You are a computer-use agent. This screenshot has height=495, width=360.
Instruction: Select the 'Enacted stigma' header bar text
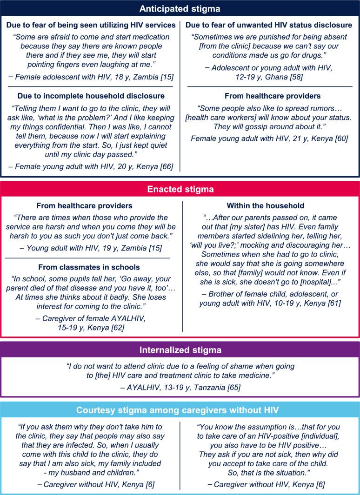click(x=180, y=190)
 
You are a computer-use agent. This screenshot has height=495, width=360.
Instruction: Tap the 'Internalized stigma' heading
click(x=180, y=350)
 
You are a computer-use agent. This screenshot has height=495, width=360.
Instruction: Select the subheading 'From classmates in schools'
click(x=90, y=268)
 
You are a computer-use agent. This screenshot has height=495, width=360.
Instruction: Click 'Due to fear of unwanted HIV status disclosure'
click(x=270, y=25)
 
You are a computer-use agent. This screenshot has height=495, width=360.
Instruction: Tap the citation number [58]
click(x=294, y=77)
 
